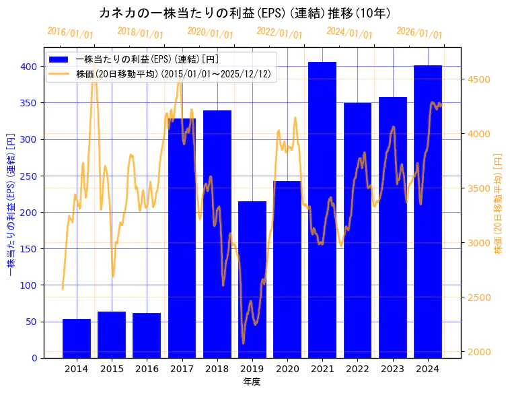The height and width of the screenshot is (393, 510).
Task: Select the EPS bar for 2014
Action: (x=77, y=338)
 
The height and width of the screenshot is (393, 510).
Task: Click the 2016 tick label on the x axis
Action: (x=147, y=369)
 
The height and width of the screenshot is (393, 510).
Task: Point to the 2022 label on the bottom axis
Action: (x=358, y=369)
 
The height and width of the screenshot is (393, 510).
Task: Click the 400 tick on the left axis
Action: (x=29, y=67)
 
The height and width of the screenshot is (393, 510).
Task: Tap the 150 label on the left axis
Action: (x=29, y=249)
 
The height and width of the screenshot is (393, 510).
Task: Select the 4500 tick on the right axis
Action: (x=478, y=79)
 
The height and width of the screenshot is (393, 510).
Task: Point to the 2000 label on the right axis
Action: (x=478, y=352)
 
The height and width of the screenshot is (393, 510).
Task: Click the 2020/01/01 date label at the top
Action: (x=211, y=33)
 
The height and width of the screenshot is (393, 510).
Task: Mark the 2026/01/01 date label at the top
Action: (x=420, y=33)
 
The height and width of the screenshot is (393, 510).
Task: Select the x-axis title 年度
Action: (x=252, y=382)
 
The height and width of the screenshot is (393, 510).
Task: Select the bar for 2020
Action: (x=287, y=269)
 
